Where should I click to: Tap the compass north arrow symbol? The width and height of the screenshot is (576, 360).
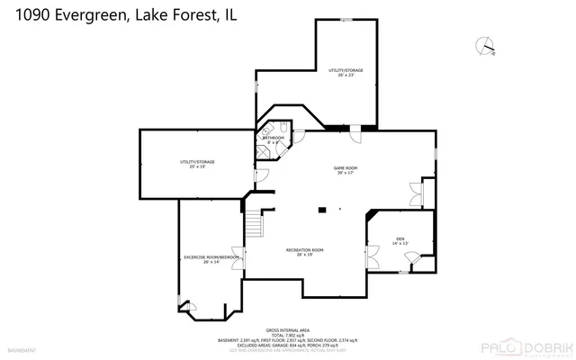coord(487,45)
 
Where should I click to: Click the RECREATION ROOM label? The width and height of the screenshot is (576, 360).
coord(304,252)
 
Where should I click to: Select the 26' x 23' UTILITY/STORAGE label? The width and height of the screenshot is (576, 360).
coord(346,72)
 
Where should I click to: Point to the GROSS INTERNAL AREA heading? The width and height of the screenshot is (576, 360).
coord(288,330)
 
